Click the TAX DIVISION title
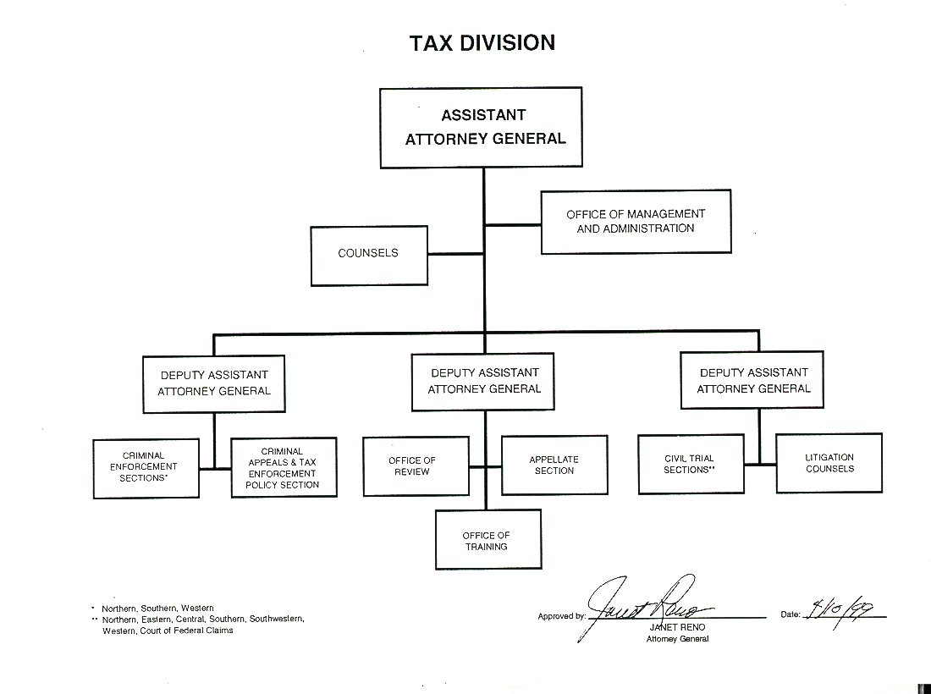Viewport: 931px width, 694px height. pyautogui.click(x=482, y=43)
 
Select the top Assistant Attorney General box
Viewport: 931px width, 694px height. pyautogui.click(x=481, y=127)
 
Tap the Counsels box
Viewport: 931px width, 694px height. pyautogui.click(x=368, y=254)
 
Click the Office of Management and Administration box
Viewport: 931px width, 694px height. pyautogui.click(x=636, y=222)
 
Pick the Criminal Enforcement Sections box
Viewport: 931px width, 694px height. pyautogui.click(x=146, y=467)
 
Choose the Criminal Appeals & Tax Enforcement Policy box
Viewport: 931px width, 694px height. pyautogui.click(x=284, y=467)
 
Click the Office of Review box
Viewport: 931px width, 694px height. pyautogui.click(x=415, y=465)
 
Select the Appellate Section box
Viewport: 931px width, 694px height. pyautogui.click(x=554, y=465)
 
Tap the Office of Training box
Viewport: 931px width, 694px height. pyautogui.click(x=488, y=541)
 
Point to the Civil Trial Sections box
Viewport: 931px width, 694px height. pyautogui.click(x=691, y=464)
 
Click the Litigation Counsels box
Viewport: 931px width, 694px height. pyautogui.click(x=829, y=463)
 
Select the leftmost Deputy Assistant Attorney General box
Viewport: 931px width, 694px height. pyautogui.click(x=214, y=383)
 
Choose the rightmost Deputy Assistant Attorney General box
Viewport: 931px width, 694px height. pyautogui.click(x=753, y=381)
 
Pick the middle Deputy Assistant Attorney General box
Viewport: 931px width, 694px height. pyautogui.click(x=484, y=381)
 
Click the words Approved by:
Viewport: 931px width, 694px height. pyautogui.click(x=561, y=616)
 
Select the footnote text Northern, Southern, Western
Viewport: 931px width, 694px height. pyautogui.click(x=157, y=608)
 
